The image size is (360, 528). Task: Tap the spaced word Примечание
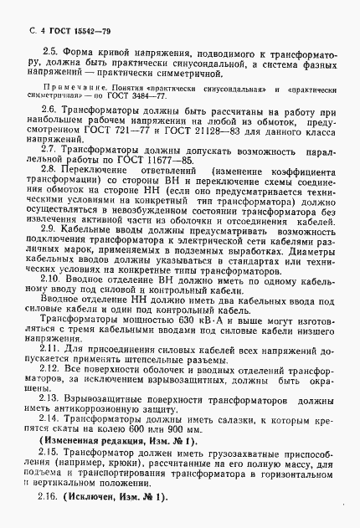tap(71, 87)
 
